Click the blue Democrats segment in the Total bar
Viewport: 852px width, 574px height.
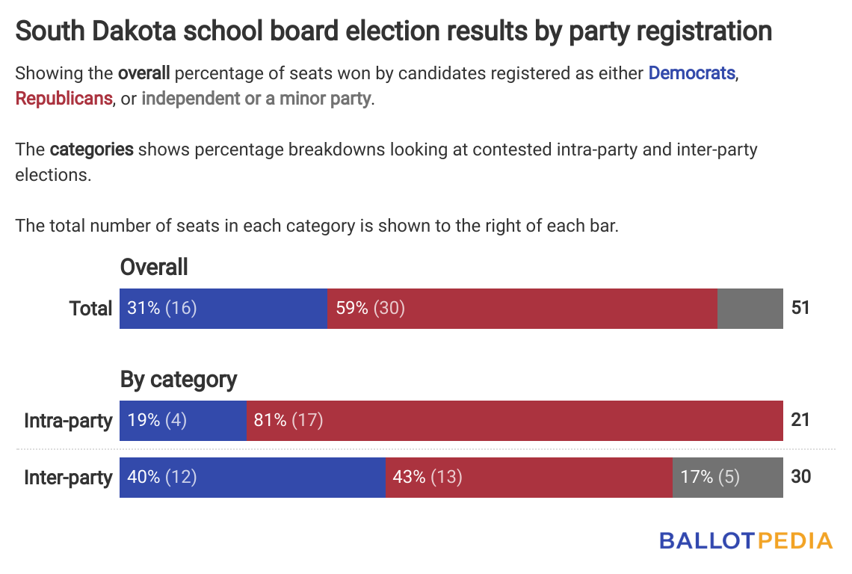pyautogui.click(x=223, y=308)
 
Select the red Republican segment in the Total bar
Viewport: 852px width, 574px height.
pyautogui.click(x=522, y=308)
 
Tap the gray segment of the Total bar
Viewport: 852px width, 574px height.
pyautogui.click(x=750, y=308)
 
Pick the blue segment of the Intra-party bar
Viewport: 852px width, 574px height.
pyautogui.click(x=182, y=420)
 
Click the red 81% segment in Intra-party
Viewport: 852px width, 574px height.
pyautogui.click(x=514, y=420)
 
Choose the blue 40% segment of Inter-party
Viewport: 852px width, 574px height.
pyautogui.click(x=252, y=477)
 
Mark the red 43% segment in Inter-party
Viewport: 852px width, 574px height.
pyautogui.click(x=528, y=477)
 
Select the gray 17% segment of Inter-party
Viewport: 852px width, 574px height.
pyautogui.click(x=727, y=477)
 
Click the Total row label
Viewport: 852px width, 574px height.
pyautogui.click(x=90, y=308)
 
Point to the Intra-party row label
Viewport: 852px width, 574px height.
pyautogui.click(x=68, y=420)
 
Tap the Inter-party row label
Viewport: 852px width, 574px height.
pyautogui.click(x=68, y=477)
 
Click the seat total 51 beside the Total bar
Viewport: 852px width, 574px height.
pyautogui.click(x=800, y=308)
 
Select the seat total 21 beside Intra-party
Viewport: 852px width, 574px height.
pyautogui.click(x=800, y=420)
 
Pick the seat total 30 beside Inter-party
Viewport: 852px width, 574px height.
pyautogui.click(x=800, y=477)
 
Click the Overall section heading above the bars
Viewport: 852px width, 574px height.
pyautogui.click(x=154, y=267)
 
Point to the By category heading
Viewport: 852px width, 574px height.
pyautogui.click(x=179, y=380)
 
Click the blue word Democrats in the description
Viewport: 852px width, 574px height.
pyautogui.click(x=692, y=73)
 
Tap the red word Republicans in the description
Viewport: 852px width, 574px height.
pyautogui.click(x=64, y=98)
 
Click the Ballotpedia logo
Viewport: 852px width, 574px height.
pyautogui.click(x=746, y=541)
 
